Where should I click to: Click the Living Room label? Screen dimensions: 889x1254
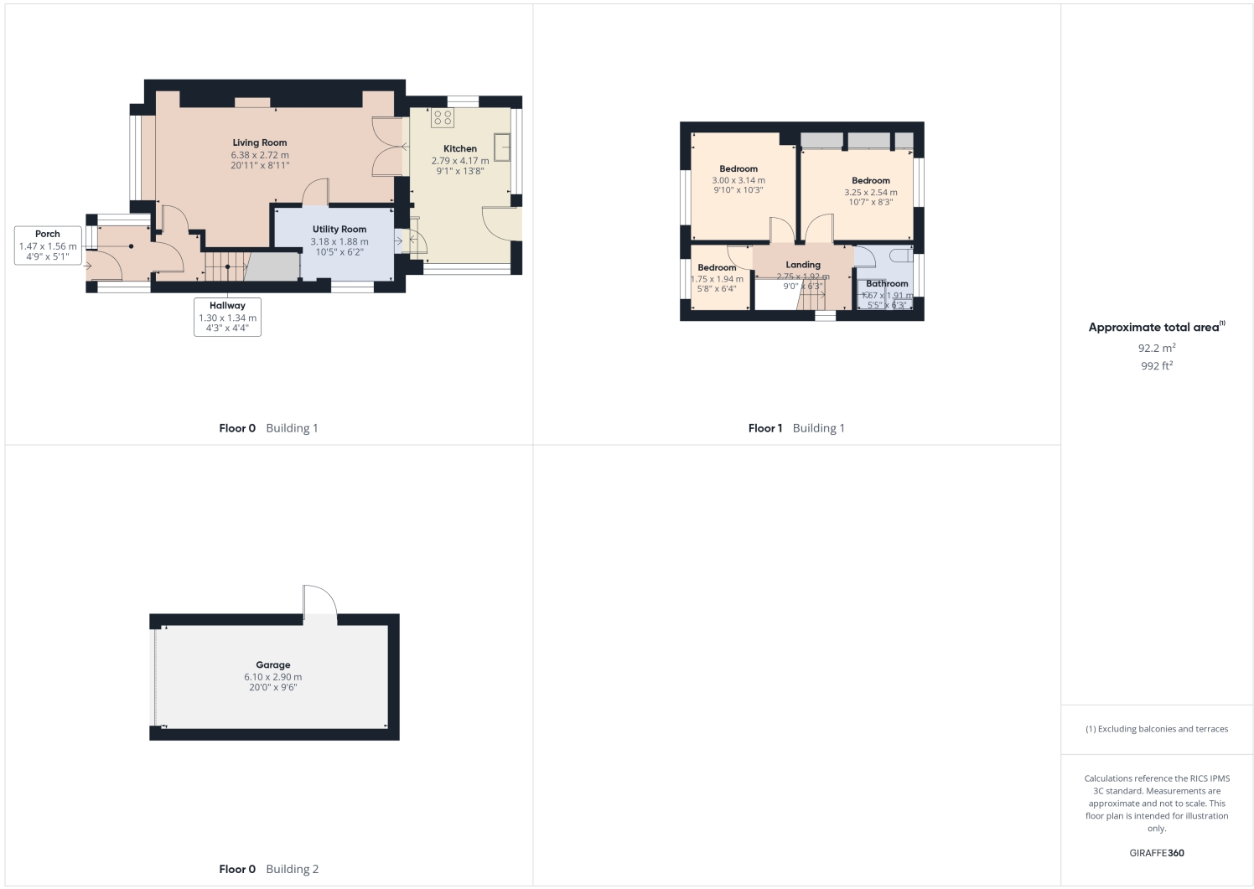point(260,143)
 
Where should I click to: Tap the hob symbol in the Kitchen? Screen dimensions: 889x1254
point(443,117)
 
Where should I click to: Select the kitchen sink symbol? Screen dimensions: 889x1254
point(503,147)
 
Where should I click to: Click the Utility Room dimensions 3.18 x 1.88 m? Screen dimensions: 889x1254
point(339,241)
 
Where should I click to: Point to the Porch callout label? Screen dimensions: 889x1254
point(48,235)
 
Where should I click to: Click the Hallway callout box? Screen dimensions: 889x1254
point(227,317)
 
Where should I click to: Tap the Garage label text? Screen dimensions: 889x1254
point(273,665)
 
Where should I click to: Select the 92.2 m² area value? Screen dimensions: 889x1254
point(1157,348)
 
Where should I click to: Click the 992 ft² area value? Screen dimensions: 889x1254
point(1157,366)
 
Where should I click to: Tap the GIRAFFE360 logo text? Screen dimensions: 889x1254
point(1157,853)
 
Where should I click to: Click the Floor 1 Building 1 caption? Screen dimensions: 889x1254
point(796,428)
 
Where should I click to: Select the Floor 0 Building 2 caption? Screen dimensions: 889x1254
point(268,869)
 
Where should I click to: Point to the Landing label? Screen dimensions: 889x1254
point(803,265)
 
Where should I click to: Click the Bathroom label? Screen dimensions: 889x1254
point(887,284)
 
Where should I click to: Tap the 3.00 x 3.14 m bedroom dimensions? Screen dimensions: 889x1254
point(738,180)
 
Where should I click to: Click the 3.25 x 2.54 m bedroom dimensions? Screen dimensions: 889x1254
point(871,193)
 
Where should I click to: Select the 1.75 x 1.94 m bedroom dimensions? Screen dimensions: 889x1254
point(717,279)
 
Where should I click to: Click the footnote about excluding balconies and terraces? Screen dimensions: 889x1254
point(1157,729)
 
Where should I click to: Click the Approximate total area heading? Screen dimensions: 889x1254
point(1155,328)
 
